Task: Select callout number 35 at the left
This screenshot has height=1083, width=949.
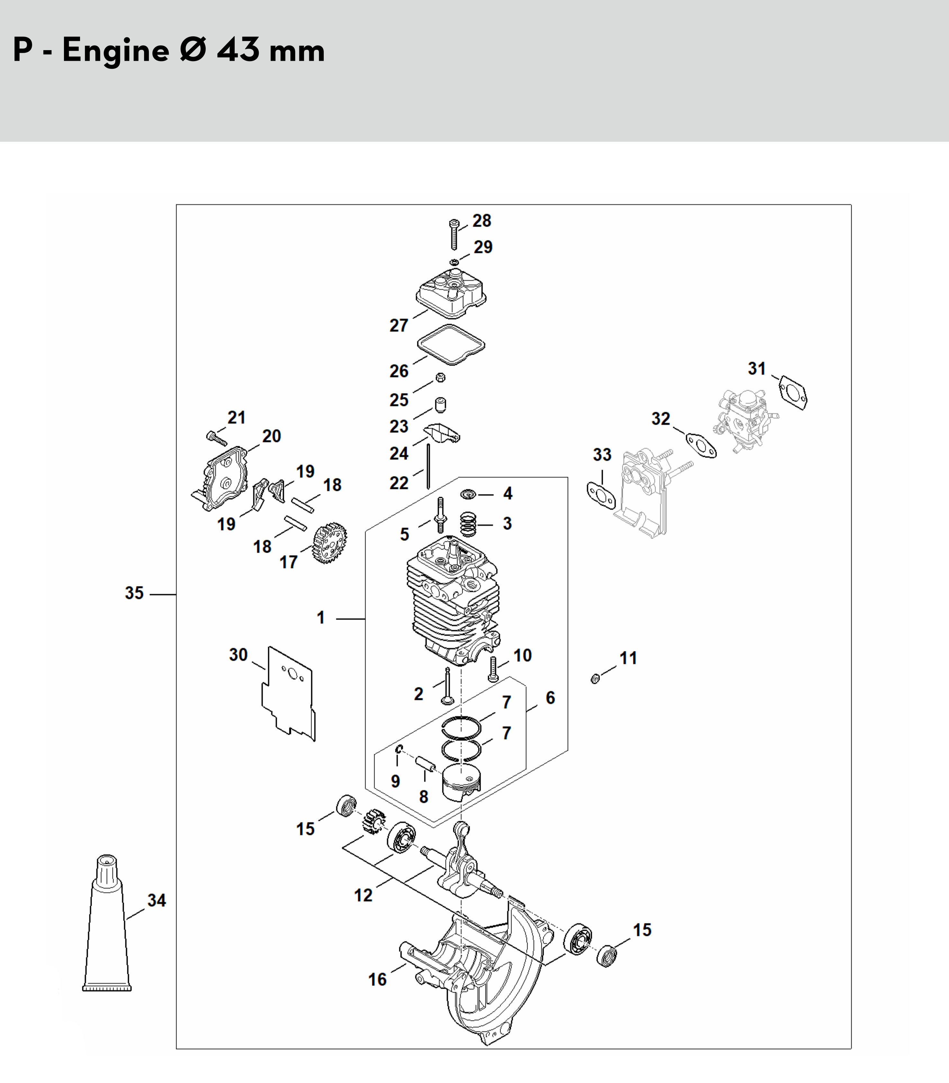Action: point(134,593)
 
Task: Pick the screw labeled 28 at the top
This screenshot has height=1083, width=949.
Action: point(454,234)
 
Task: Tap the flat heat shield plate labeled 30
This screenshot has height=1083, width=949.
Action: point(288,693)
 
